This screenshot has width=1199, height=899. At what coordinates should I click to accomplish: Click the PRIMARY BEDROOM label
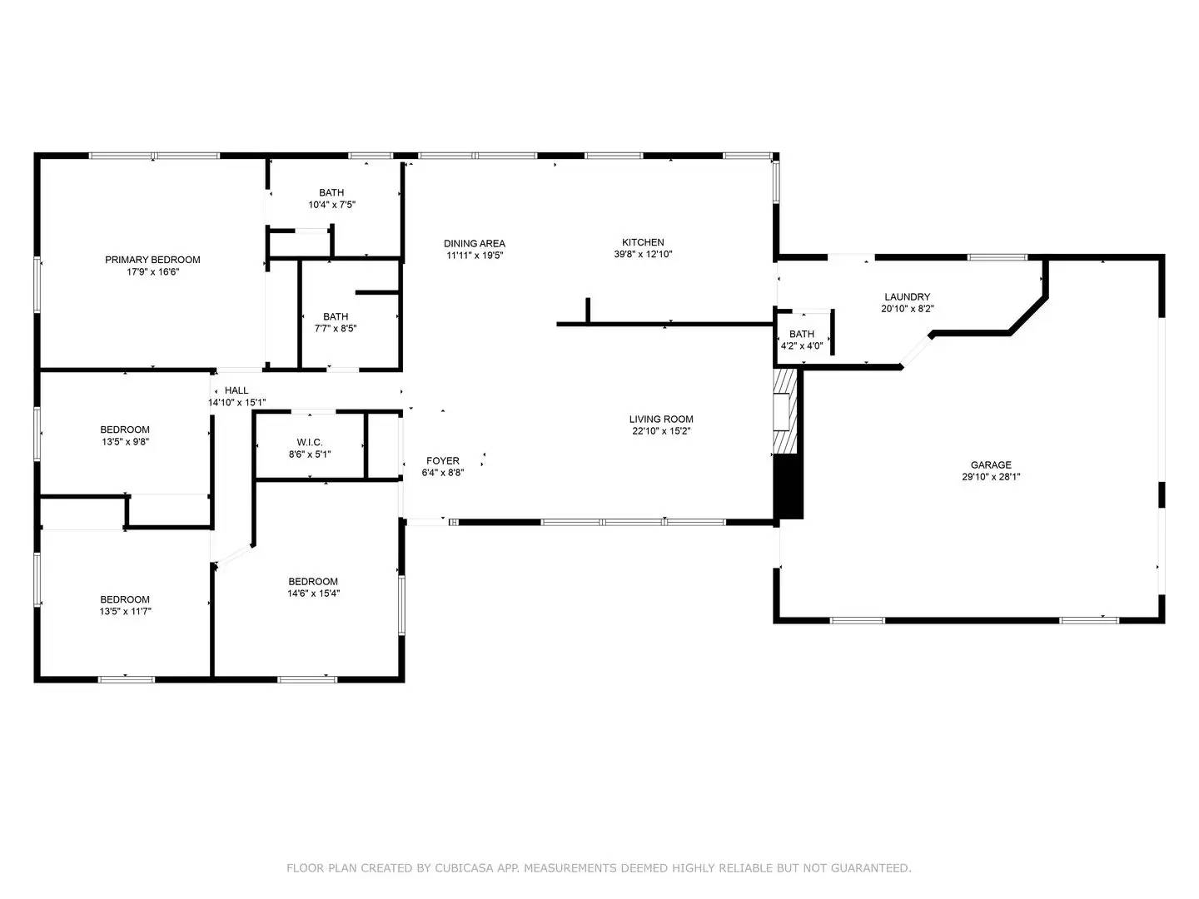pos(152,260)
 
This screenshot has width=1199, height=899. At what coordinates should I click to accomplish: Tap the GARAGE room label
pos(991,465)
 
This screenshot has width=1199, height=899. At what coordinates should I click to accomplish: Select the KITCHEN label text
pos(643,242)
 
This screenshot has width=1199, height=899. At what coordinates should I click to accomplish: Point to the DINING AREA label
pos(474,243)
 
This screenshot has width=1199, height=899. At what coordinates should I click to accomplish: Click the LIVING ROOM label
pos(661,420)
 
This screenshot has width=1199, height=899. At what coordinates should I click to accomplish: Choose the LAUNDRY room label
pos(908,297)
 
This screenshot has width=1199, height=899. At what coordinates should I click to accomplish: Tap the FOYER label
pos(443,460)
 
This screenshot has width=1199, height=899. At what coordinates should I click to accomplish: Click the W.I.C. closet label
pos(310,442)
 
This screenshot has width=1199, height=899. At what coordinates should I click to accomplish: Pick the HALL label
pos(236,390)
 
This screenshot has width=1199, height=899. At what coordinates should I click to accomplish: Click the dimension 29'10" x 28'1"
pos(991,477)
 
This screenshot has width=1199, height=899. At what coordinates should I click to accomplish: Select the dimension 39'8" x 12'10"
pos(643,255)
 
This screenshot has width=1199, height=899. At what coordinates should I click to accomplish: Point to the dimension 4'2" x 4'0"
pos(802,346)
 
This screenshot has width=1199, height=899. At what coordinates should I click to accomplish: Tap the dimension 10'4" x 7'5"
pos(331,205)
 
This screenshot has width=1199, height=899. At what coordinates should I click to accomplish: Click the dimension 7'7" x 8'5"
pos(336,329)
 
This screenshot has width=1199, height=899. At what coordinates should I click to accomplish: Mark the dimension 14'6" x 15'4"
pos(314,594)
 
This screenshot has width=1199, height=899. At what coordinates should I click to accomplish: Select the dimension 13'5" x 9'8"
pos(125,441)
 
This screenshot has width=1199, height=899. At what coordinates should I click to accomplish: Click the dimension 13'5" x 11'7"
pos(125,611)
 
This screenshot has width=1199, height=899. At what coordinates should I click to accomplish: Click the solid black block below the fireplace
pos(789,487)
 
